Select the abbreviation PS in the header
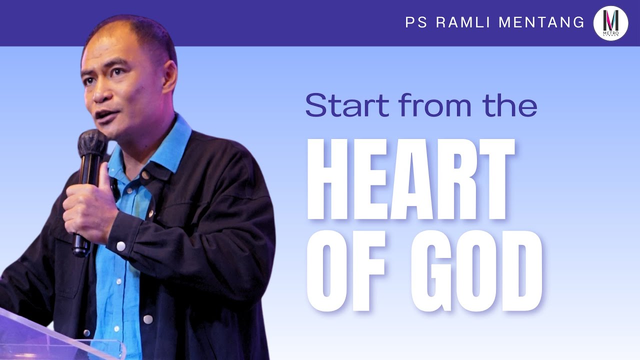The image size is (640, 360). (415, 22)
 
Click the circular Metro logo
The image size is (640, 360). (610, 23)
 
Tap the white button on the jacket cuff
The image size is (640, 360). (120, 245)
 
